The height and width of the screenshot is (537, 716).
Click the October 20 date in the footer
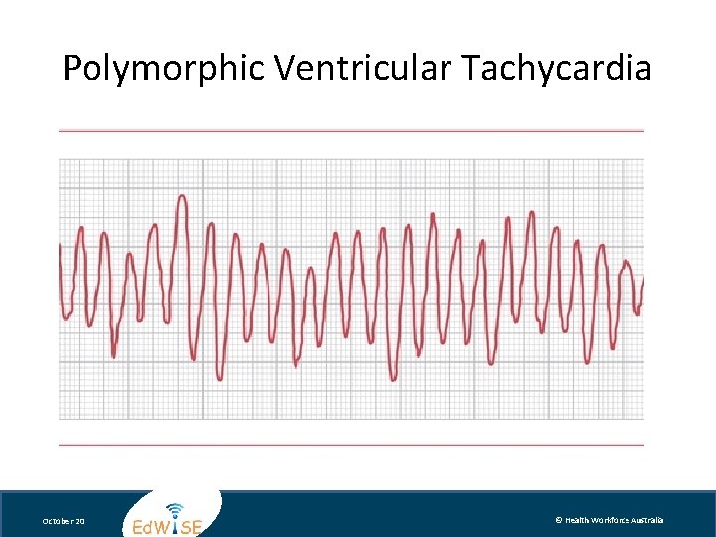coord(63,521)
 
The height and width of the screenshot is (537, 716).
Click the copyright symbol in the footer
coord(559,520)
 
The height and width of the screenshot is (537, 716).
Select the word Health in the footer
coord(578,520)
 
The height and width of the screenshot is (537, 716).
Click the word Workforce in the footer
coord(616,520)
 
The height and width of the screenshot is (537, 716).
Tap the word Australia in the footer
coord(652,520)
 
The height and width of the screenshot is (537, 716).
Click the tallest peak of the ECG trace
coord(182,197)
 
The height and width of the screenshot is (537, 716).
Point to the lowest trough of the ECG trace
coord(220,378)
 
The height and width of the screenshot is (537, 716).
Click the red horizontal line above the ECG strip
coord(351,130)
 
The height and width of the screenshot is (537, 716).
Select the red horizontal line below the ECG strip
coord(351,445)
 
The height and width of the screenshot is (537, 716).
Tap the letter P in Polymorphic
coord(72,69)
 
